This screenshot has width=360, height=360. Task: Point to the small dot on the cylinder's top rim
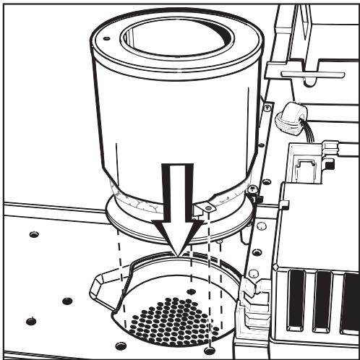106,38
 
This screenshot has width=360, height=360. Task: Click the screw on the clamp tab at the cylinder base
207,208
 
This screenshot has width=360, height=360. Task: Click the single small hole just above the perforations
191,291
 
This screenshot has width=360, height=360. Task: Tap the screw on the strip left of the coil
268,108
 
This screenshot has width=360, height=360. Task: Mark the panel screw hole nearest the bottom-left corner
30,321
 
